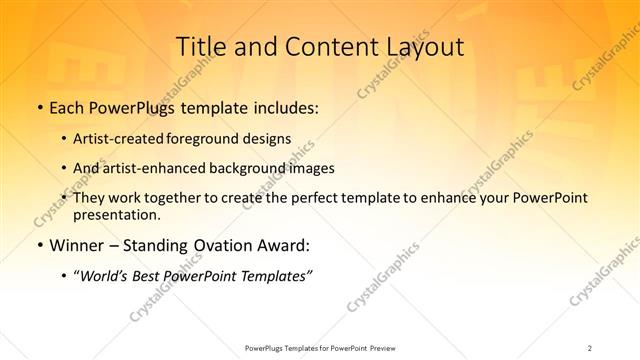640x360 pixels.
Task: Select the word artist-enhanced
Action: (x=159, y=168)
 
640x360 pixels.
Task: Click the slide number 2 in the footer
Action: (x=590, y=347)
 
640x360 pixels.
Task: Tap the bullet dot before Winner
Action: (x=39, y=245)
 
